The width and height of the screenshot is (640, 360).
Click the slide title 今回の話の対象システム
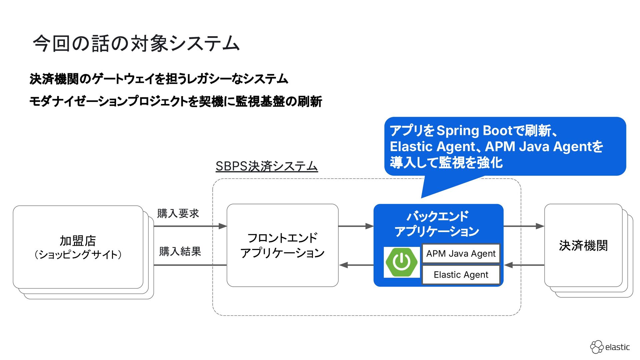(x=136, y=43)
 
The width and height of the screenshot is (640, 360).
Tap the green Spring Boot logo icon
(x=402, y=262)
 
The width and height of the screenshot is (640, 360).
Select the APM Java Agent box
(x=461, y=254)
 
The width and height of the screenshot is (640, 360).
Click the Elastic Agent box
(x=461, y=275)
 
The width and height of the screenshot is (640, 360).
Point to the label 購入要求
(x=178, y=213)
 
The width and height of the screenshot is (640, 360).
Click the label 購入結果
(x=180, y=251)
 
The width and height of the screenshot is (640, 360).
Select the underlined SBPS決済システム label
(x=267, y=166)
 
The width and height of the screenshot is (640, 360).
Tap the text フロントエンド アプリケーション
(x=282, y=245)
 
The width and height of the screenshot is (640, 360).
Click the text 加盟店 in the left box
(x=78, y=240)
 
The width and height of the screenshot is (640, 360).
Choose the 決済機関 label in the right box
(x=583, y=245)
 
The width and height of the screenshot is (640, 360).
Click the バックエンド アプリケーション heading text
(x=437, y=224)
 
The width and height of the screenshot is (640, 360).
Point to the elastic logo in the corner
(x=610, y=347)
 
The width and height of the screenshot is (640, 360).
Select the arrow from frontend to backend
(x=356, y=226)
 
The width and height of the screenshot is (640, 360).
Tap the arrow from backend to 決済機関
(x=523, y=226)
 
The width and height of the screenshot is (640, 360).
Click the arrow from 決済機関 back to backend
(x=524, y=265)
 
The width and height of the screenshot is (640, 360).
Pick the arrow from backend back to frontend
(x=356, y=265)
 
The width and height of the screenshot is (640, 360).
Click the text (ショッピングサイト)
(x=78, y=255)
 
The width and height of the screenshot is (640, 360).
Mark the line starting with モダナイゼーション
(x=176, y=101)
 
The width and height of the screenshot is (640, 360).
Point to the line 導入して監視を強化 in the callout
(x=446, y=163)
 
